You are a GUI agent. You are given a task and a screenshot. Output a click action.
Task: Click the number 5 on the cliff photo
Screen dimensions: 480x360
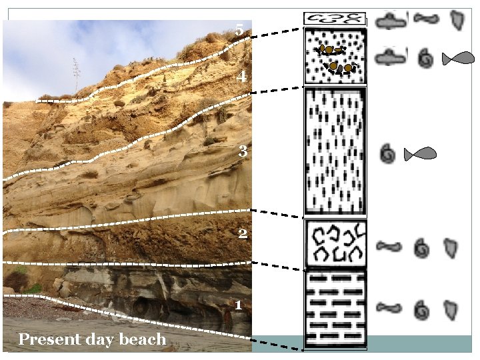239,30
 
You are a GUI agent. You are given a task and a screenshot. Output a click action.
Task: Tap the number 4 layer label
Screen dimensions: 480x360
243,77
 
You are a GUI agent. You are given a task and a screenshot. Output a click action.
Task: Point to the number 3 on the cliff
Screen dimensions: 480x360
243,151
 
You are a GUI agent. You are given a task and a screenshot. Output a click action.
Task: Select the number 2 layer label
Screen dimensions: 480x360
243,233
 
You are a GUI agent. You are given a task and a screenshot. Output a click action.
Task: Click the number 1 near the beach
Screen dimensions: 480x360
238,305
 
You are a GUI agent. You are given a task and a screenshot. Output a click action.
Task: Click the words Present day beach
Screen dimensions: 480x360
92,339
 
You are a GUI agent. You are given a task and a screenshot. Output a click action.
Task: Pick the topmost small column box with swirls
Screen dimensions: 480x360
335,19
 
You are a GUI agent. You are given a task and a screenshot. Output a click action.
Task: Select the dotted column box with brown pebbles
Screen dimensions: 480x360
335,56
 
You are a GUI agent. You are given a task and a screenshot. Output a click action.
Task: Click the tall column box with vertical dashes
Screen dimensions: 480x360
335,152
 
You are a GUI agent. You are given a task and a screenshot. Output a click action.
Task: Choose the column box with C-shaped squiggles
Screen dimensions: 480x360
335,243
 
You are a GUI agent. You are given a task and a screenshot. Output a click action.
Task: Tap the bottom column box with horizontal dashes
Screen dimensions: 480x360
335,308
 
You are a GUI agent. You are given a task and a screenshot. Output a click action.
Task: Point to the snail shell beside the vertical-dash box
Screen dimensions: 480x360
387,155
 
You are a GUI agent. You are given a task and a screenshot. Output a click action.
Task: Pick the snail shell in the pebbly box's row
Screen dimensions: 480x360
424,59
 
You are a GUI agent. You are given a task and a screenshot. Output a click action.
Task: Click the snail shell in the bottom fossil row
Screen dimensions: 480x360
421,309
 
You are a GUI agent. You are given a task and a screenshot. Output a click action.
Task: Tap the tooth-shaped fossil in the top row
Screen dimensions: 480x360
456,20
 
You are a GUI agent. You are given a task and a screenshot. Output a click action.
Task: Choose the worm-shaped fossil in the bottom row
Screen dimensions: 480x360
389,308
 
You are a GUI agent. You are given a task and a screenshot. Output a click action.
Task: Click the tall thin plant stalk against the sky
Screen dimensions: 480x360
77,73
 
